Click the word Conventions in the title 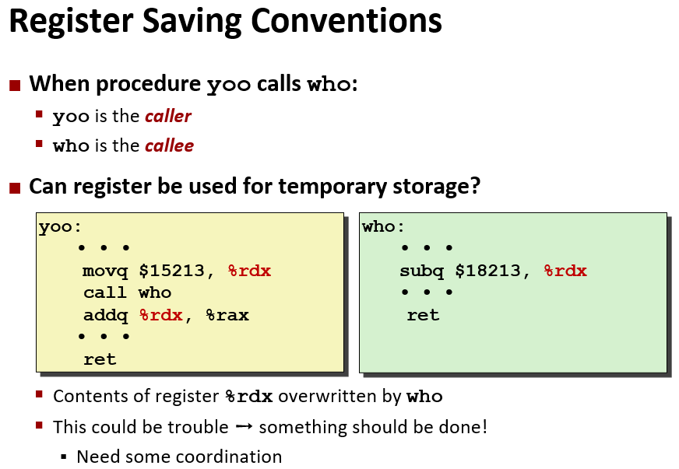coord(347,22)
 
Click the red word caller coord(168,117)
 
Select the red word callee coord(169,145)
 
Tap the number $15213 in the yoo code coord(171,271)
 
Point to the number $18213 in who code coord(488,271)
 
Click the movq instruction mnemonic coord(105,271)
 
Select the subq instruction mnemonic coord(422,271)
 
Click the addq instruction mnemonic coord(106,316)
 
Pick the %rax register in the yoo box coord(227,316)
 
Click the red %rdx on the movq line coord(249,271)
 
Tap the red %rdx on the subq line coord(565,271)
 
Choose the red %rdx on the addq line coord(160,316)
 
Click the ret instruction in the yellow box coord(100,359)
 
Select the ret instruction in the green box coord(423,316)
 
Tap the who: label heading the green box coord(383,226)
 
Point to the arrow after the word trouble coord(244,427)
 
